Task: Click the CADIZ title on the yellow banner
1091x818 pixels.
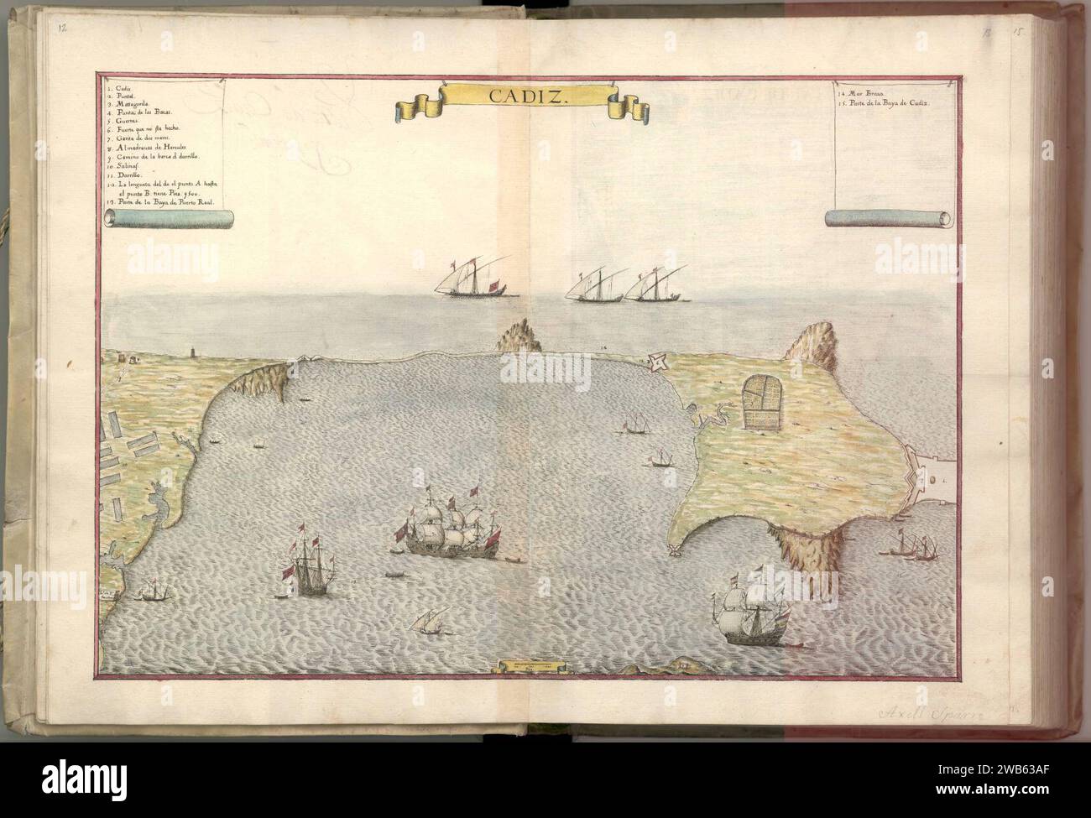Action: point(517,97)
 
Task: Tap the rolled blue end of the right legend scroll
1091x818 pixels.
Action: point(890,219)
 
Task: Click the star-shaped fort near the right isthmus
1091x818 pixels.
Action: point(658,362)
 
